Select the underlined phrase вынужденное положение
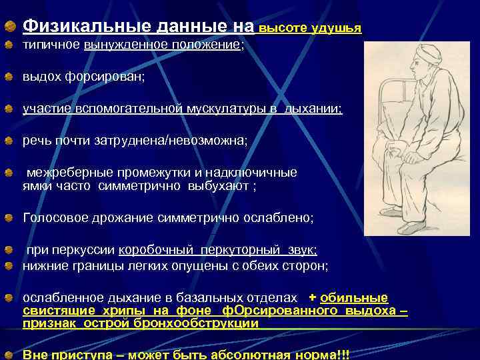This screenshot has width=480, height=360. tap(163, 45)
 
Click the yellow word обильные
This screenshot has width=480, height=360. tap(354, 298)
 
